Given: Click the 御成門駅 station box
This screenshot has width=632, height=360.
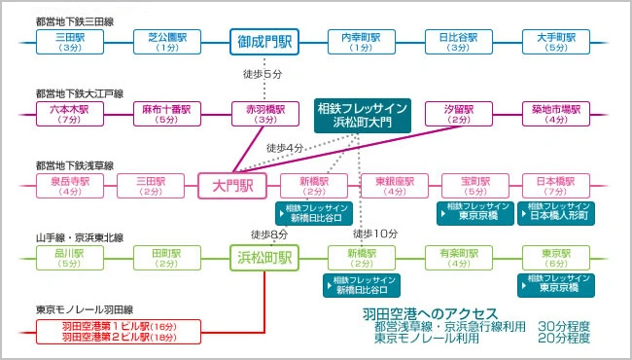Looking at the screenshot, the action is point(264,42).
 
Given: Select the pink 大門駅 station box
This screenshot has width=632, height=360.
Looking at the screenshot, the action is point(232,186).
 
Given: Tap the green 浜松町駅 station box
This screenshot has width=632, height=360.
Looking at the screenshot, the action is point(264,258).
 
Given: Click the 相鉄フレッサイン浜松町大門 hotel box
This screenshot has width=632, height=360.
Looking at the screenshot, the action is point(363,116).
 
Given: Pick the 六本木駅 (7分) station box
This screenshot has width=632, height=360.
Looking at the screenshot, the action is point(70,114).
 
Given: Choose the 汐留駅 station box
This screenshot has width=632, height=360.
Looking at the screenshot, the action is point(459,114).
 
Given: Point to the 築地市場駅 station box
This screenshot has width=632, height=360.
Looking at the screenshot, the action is point(556,114).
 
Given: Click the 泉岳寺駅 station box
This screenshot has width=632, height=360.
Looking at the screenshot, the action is point(70,186).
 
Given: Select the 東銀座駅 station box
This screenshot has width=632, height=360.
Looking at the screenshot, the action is point(395,186).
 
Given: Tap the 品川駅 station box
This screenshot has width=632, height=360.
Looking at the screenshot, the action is point(70,258).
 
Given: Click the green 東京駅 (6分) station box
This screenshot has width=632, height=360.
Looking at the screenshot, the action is point(556,258).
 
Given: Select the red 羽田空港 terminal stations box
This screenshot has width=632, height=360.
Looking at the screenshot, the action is point(119,332).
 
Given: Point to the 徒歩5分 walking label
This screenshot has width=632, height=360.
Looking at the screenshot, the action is point(263,74).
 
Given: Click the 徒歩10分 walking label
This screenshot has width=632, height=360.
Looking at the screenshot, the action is point(375,234).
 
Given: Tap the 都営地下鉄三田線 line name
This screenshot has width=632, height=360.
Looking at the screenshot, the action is point(75,21).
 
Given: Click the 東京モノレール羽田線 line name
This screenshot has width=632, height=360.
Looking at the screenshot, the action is point(85,309).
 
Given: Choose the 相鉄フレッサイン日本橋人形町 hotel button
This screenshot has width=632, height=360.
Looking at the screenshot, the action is point(556,213).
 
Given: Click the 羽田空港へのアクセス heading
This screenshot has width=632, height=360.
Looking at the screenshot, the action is point(430,313).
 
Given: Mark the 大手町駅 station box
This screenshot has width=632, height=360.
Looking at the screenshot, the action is point(556,42).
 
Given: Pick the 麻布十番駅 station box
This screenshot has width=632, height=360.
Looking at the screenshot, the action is point(167,114).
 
